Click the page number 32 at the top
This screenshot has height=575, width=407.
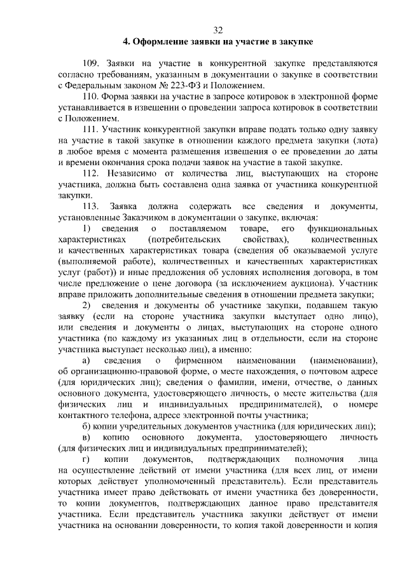pyautogui.click(x=218, y=30)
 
